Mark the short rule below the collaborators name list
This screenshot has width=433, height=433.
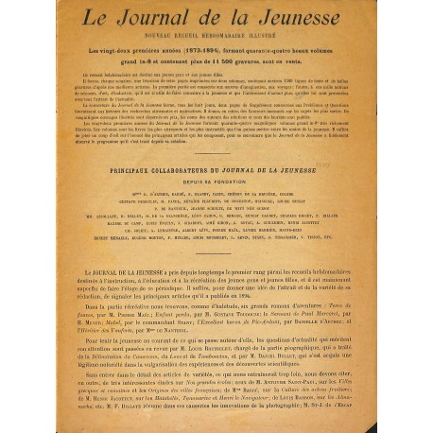[x=216, y=247]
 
